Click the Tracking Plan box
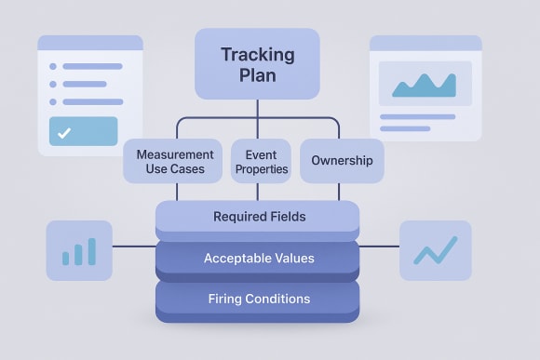(x=257, y=63)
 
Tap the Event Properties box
(x=261, y=161)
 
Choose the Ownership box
(x=342, y=161)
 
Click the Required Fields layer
(x=258, y=217)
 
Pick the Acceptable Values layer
(x=258, y=258)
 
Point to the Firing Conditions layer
(x=258, y=299)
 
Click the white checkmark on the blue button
(x=63, y=133)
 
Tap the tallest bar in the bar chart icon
(x=92, y=250)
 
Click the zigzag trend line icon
(x=435, y=250)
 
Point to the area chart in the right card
(x=424, y=85)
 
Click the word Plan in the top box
(x=257, y=75)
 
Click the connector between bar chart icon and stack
(x=133, y=247)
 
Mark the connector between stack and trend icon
(x=380, y=247)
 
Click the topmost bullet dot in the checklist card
(x=53, y=66)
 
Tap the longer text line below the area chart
(x=417, y=116)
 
